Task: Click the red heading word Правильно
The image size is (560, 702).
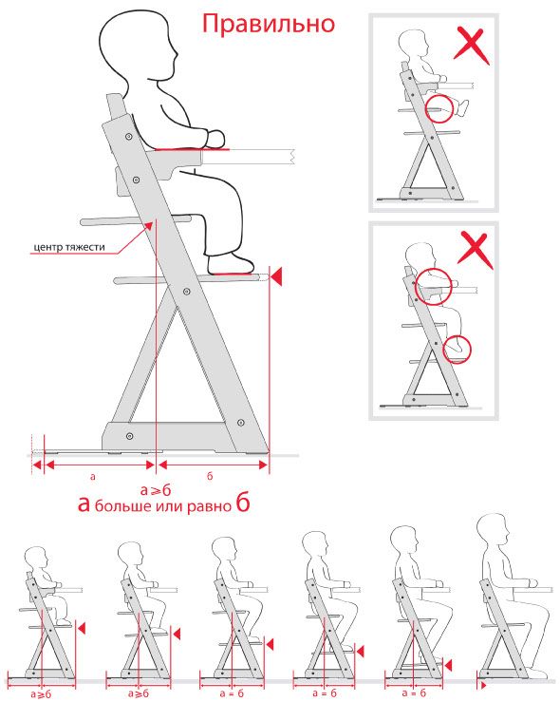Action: [269, 25]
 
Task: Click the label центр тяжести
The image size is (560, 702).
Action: [69, 247]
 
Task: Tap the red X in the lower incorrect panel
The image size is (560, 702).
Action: [476, 250]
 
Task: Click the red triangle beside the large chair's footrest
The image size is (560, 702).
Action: [277, 275]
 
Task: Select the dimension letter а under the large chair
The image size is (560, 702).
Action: [93, 476]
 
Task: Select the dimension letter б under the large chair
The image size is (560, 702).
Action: [210, 476]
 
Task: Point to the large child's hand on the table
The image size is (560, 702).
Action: [215, 139]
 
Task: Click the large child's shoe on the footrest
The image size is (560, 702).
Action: [230, 264]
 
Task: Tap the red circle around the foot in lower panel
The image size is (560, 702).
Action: [457, 350]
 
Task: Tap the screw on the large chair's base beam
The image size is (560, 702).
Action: [129, 436]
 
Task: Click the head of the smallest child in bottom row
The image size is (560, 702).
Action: [37, 558]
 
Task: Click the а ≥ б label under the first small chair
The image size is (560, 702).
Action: [41, 694]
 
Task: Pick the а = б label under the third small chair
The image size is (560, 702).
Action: [233, 693]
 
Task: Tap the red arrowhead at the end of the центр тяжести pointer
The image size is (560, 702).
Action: [148, 225]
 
